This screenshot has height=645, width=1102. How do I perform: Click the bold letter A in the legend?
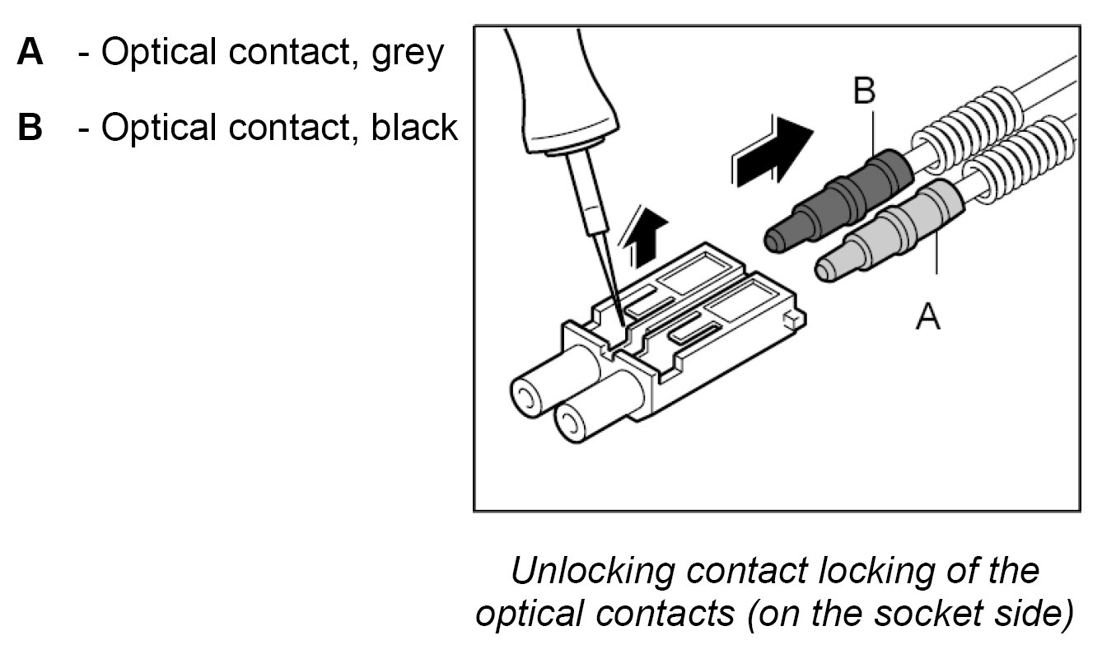[x=30, y=53]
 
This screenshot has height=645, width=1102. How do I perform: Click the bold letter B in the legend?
[x=30, y=128]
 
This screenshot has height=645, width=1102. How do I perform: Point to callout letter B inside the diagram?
[x=864, y=91]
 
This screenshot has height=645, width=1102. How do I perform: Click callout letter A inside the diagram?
[x=928, y=315]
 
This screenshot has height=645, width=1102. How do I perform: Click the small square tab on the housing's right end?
[x=792, y=317]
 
